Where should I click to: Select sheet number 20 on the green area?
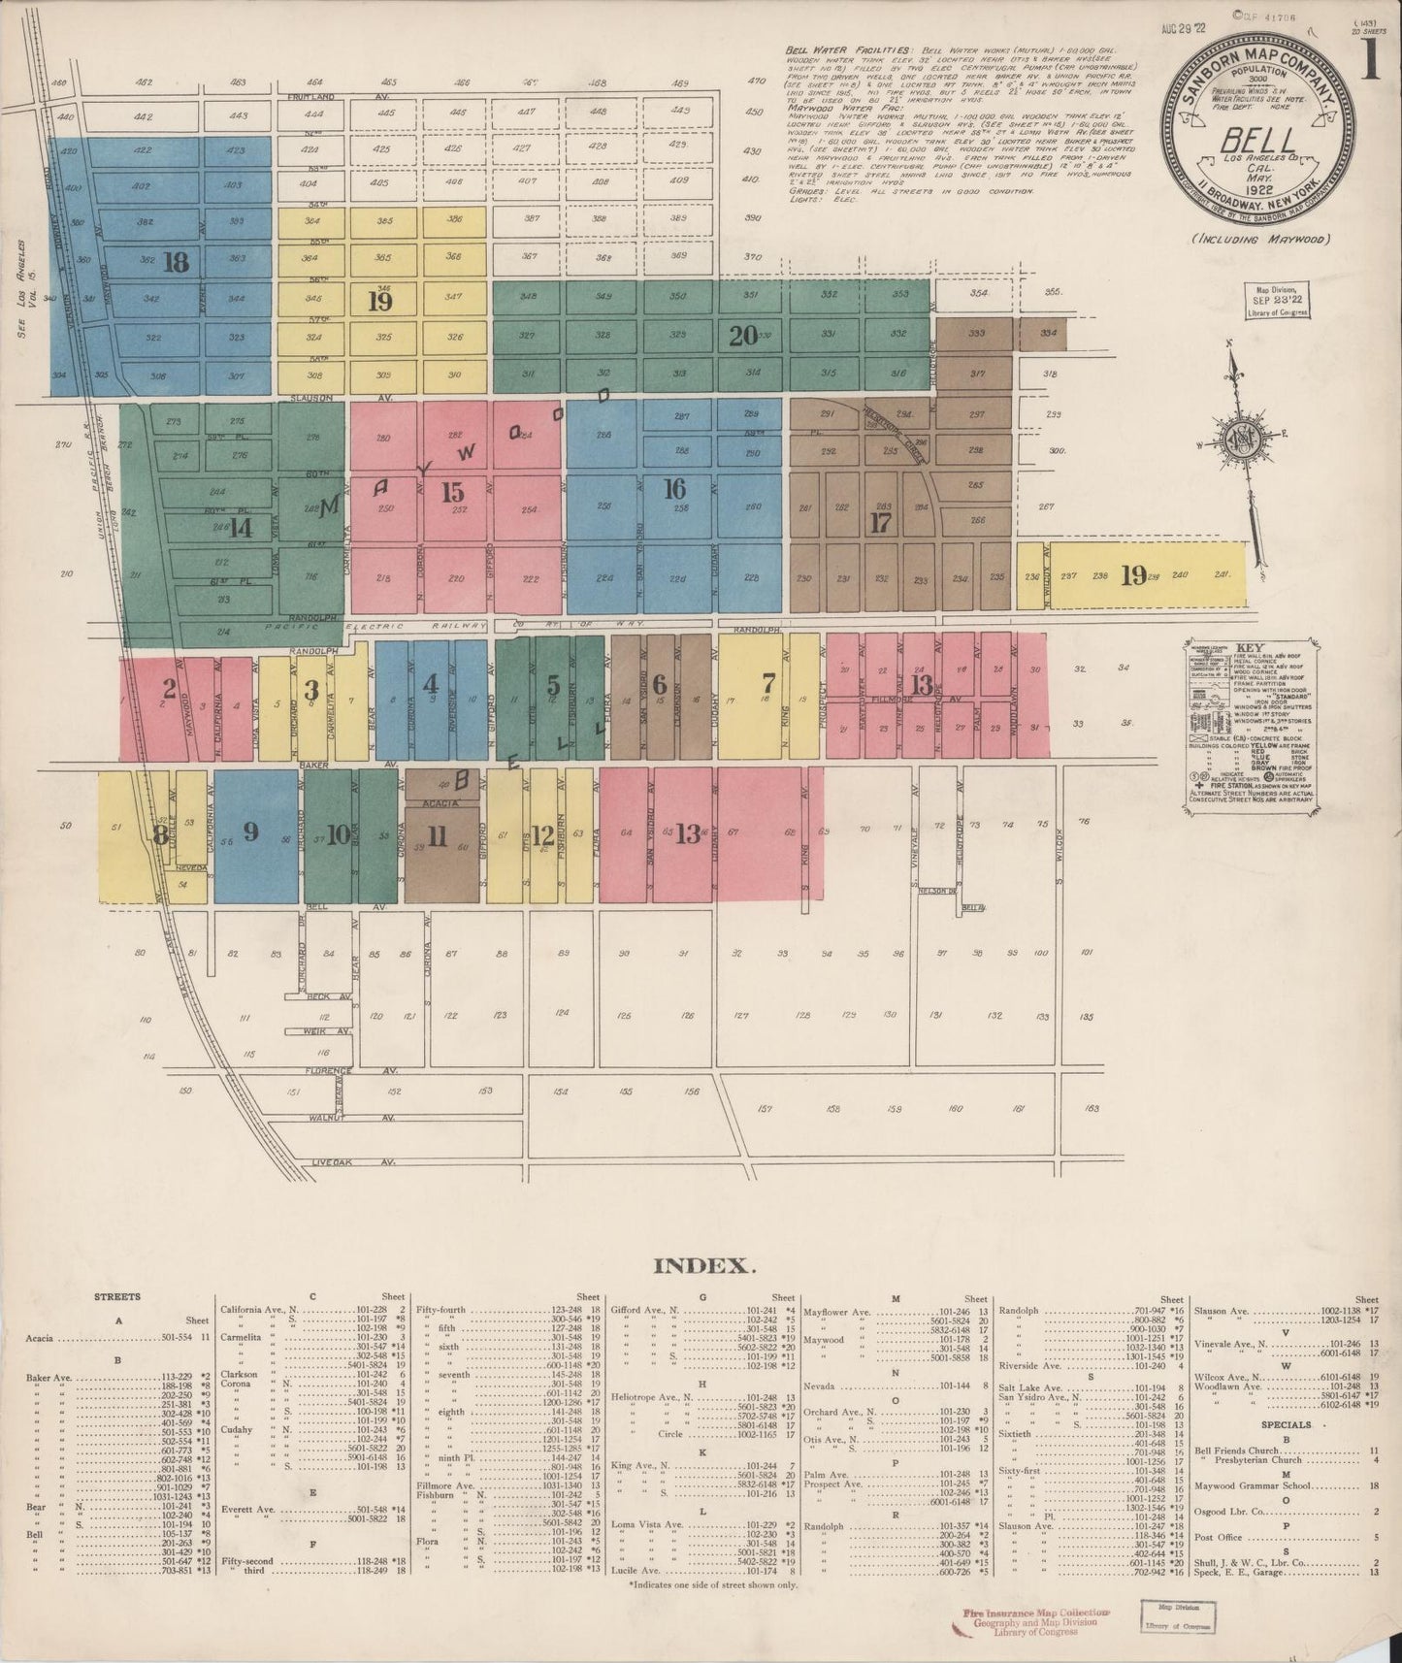click(x=742, y=337)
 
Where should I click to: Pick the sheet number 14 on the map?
click(x=240, y=528)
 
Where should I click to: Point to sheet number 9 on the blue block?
click(x=250, y=831)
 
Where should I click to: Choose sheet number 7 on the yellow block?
click(x=768, y=680)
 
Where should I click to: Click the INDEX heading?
click(x=701, y=1265)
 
